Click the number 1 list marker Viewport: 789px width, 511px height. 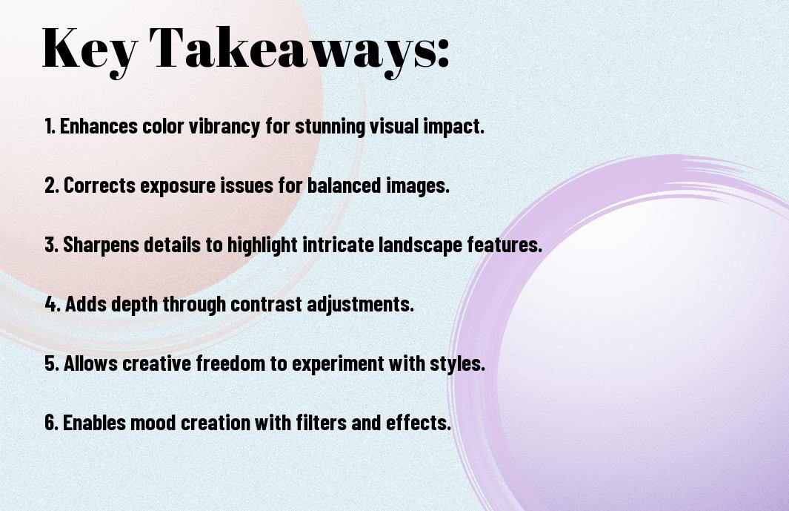coord(50,126)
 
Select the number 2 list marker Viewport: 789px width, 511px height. coord(51,185)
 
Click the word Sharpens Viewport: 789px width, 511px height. coord(101,245)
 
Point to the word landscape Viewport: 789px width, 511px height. coord(420,245)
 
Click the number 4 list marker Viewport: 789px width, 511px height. coord(53,304)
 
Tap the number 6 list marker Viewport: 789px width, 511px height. coord(51,422)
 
